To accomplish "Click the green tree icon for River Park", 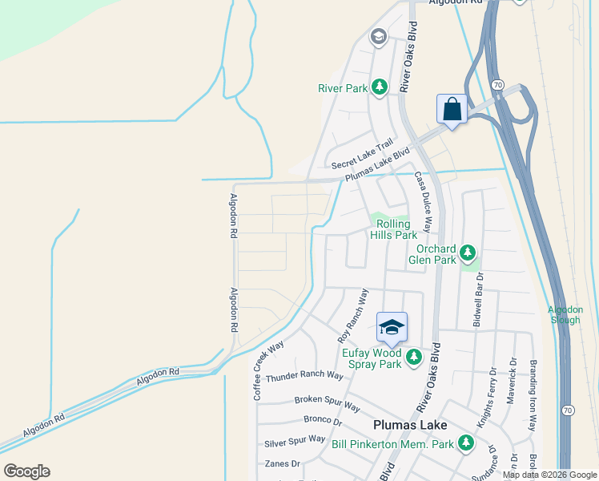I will coord(380,86).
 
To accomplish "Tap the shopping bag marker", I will coord(452,109).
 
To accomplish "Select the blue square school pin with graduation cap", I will coord(392,326).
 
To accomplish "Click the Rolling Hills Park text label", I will coord(393,229).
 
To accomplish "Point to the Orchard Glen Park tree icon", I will coord(468,253).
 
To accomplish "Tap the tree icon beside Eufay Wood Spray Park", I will coord(414,357).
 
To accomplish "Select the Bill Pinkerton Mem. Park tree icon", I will coord(465,443).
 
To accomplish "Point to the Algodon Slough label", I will coord(565,314).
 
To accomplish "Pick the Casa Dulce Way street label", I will coord(423,204).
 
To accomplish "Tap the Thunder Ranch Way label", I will coord(304,376).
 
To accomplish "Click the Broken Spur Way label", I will coord(327,399).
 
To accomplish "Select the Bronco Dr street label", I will coord(323,419).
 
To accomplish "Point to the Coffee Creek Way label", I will coord(268,370).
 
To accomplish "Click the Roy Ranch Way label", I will coord(352,316).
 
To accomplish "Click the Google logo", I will coord(26,471).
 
